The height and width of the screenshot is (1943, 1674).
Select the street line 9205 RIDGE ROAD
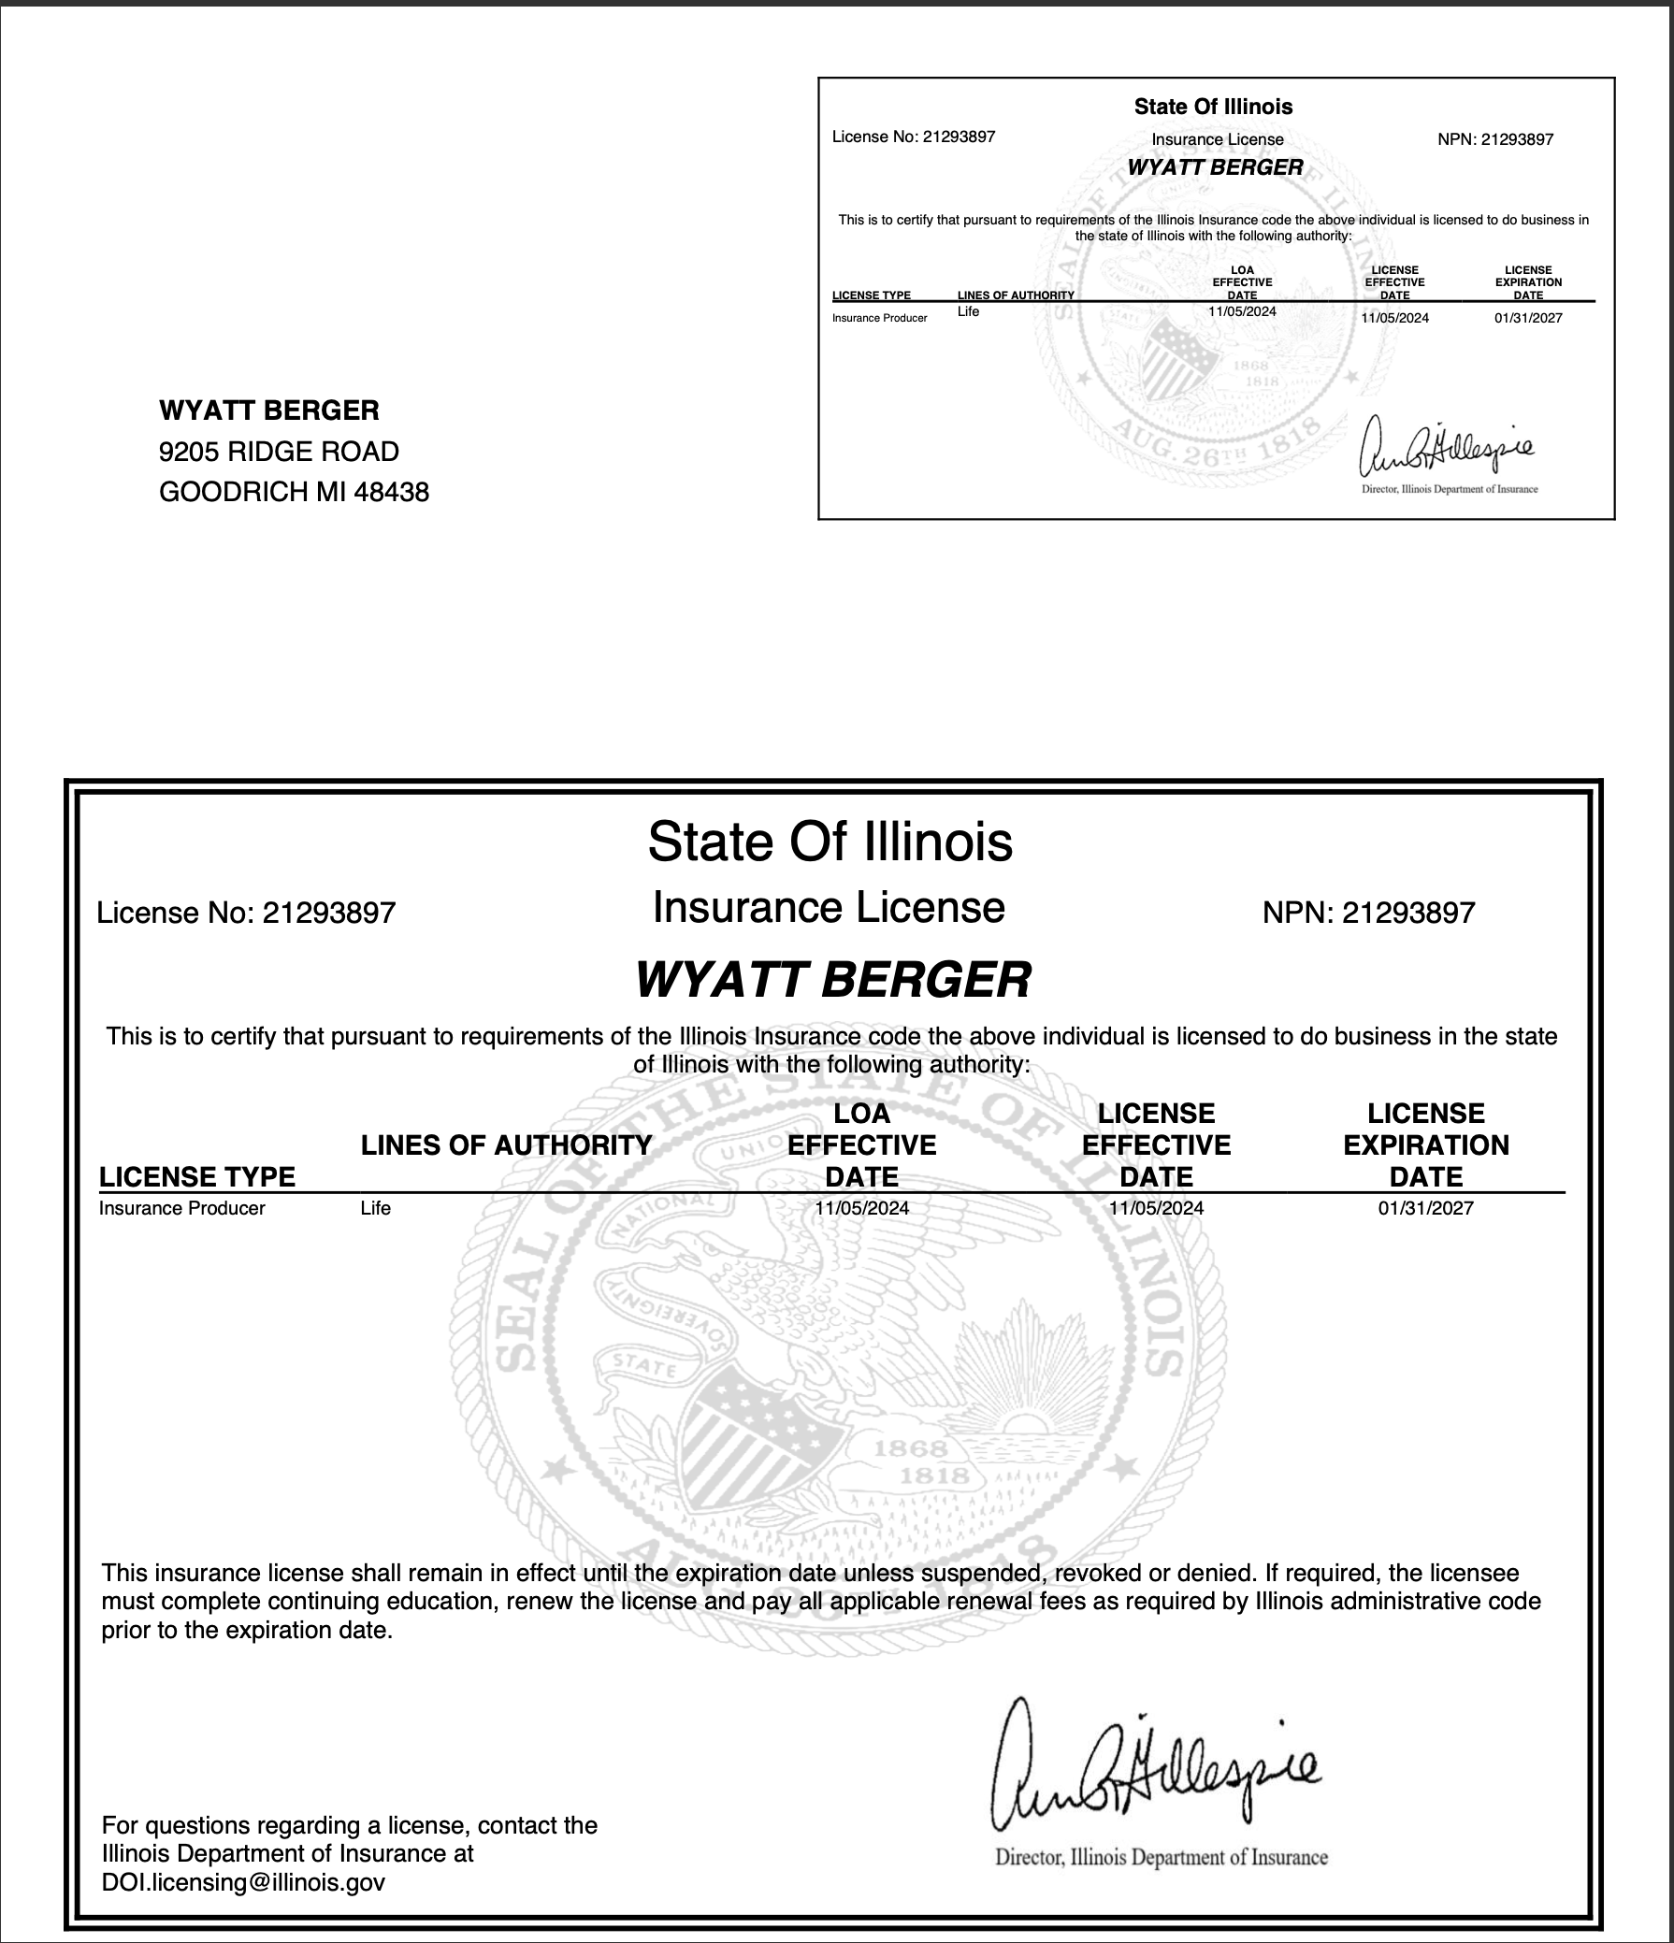click(x=279, y=452)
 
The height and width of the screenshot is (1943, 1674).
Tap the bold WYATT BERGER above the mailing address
click(x=269, y=410)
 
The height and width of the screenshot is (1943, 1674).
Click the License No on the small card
click(x=914, y=137)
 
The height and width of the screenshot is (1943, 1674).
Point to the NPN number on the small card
click(x=1494, y=139)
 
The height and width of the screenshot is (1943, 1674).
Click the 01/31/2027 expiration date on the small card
click(x=1528, y=318)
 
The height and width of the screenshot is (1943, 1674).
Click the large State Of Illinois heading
click(x=830, y=842)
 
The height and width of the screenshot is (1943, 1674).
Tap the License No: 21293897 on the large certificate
click(x=246, y=913)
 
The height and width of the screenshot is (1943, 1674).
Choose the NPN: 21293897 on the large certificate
click(x=1368, y=913)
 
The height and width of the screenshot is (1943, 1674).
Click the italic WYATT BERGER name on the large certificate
click(x=832, y=980)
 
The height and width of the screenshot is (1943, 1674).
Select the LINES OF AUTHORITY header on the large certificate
click(x=506, y=1145)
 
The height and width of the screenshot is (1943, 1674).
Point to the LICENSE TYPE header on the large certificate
click(x=197, y=1177)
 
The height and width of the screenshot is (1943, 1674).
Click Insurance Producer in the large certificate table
click(x=182, y=1208)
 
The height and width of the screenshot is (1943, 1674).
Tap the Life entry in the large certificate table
click(x=375, y=1208)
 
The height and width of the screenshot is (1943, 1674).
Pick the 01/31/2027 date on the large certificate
click(x=1425, y=1208)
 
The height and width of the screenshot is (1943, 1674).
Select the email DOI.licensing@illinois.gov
click(x=243, y=1882)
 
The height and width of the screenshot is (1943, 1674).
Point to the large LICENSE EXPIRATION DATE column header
click(x=1425, y=1145)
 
